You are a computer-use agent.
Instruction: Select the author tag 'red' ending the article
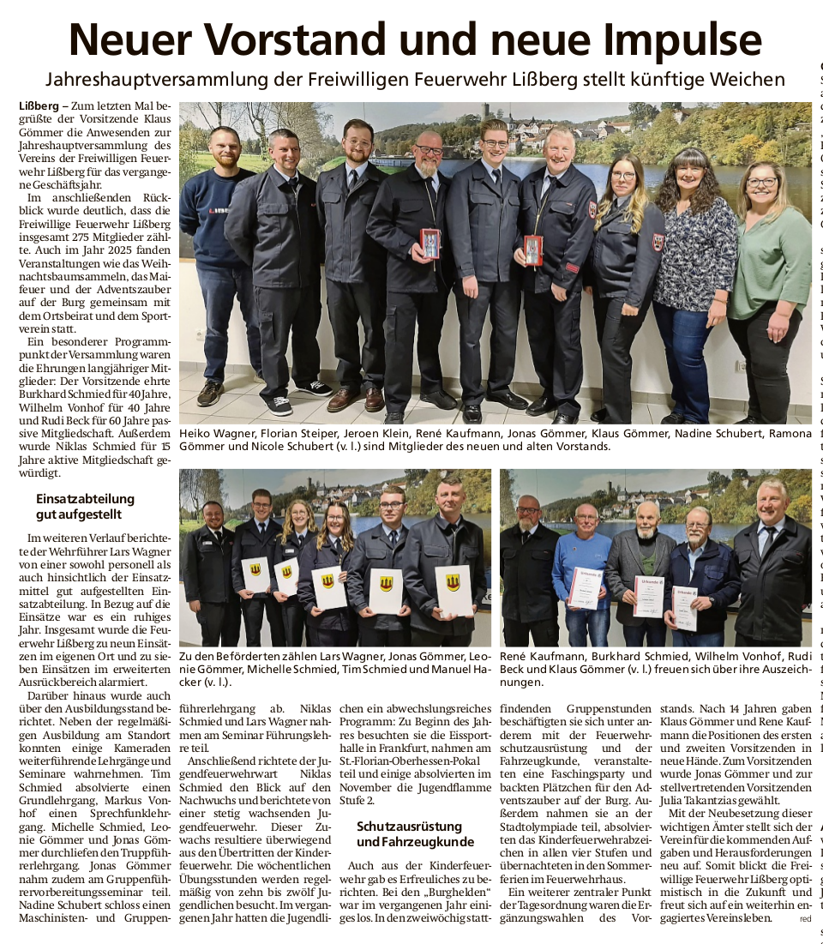pos(804,918)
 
